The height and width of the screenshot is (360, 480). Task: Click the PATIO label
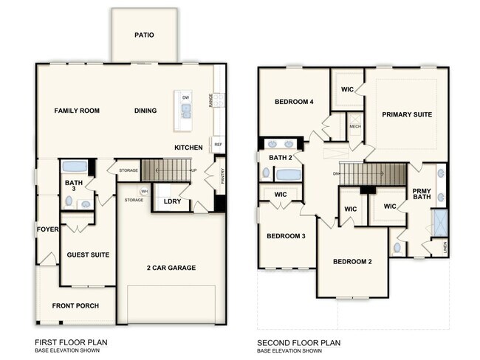click(x=144, y=35)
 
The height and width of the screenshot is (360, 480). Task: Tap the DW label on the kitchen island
click(x=185, y=97)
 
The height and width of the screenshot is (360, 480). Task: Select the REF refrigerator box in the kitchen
click(x=218, y=145)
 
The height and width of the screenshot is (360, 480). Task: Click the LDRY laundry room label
click(x=171, y=201)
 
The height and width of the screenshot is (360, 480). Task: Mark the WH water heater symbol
click(x=145, y=192)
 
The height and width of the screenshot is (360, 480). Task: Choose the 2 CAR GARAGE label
click(x=171, y=268)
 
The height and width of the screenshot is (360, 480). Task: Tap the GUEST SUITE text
click(x=88, y=255)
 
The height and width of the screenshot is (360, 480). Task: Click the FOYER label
click(x=47, y=229)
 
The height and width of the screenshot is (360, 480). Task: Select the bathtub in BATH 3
click(x=74, y=166)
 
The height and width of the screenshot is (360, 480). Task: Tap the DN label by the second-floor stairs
click(x=336, y=174)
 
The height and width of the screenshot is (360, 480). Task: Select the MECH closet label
click(x=354, y=126)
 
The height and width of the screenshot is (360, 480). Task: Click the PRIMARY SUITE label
click(x=406, y=114)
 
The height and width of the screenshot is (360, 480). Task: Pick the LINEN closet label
click(x=444, y=247)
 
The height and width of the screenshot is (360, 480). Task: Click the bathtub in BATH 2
click(x=288, y=175)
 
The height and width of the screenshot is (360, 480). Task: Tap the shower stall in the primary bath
click(x=440, y=222)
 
